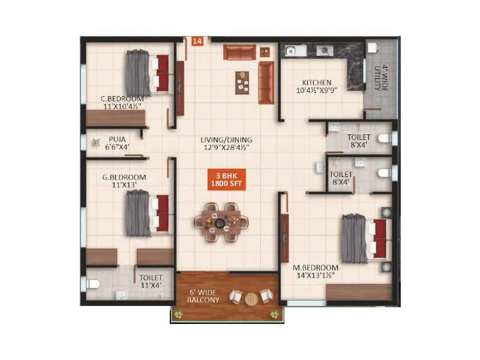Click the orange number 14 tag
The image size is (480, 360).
197,41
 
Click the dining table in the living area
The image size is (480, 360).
221,222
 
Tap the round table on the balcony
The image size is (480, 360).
251,297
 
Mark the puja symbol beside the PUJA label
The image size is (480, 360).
95,143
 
